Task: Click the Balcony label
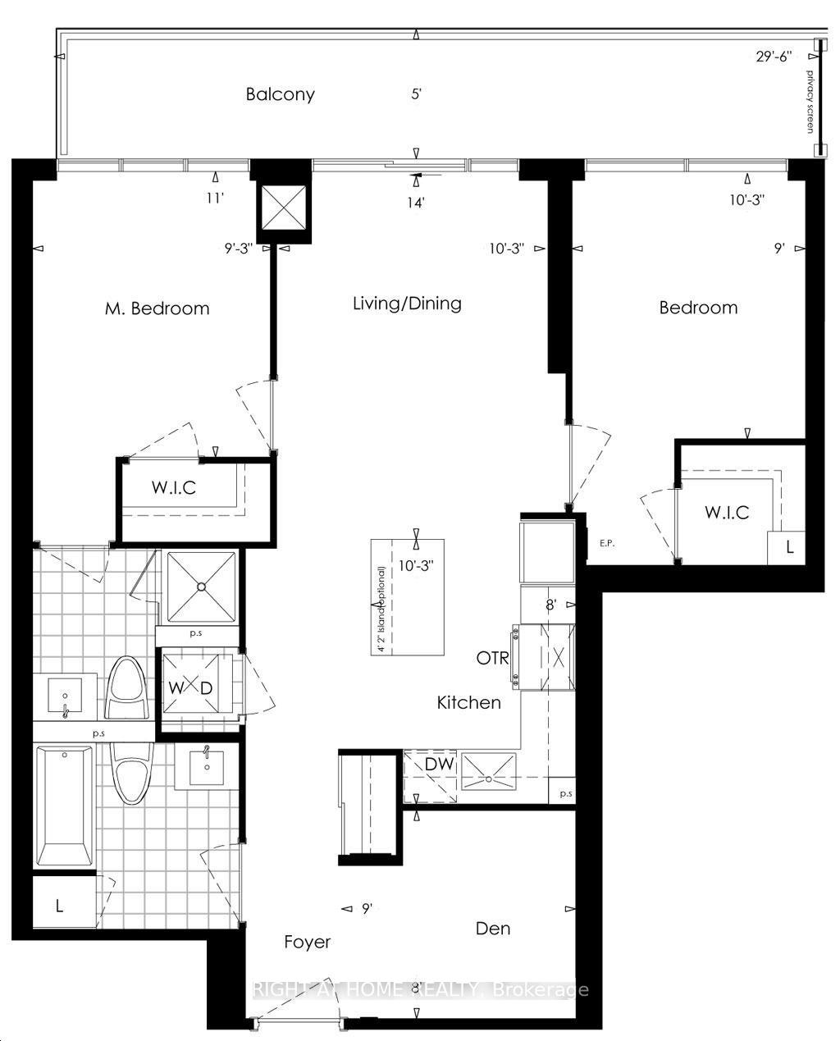280,94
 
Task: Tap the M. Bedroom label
157,308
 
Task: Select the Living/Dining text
407,304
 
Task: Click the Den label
493,929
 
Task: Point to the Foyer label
308,942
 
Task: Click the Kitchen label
468,703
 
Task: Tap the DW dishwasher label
439,765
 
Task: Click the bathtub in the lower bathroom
64,806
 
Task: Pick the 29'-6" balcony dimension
775,57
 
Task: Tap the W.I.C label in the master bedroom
173,488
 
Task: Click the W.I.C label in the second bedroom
727,513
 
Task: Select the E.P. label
607,542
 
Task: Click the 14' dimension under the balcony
417,202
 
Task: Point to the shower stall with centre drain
201,586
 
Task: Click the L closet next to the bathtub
60,906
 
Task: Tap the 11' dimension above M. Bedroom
215,198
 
